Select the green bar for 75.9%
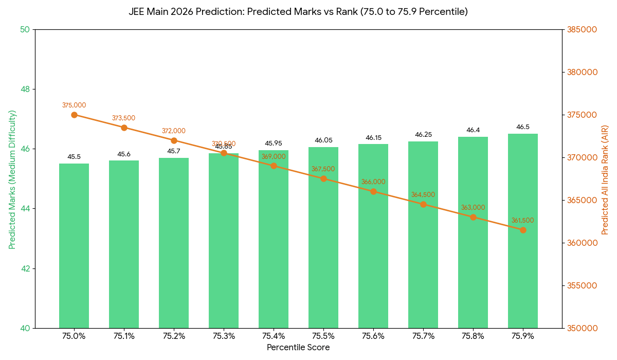[523, 231]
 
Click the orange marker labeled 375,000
[74, 115]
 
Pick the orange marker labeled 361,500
[523, 230]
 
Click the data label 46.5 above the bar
[523, 127]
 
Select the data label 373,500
[124, 118]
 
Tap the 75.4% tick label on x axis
[274, 336]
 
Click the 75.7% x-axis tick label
[423, 336]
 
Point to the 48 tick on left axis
[25, 89]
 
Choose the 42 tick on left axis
[25, 268]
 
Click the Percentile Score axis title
[298, 348]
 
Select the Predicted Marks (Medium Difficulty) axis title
[12, 179]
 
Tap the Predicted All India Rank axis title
[605, 179]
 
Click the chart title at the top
[298, 11]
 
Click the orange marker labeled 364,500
[423, 204]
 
